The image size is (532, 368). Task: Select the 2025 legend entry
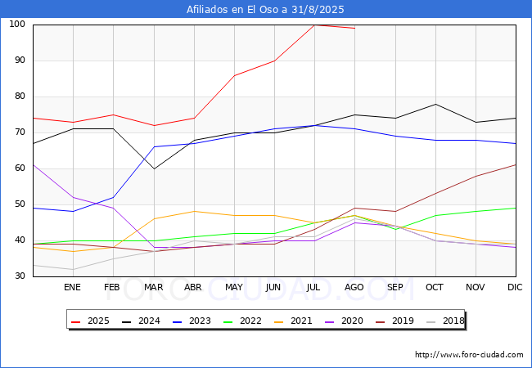pyautogui.click(x=90, y=321)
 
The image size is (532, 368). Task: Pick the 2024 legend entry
pyautogui.click(x=141, y=321)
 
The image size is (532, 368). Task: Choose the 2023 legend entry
pyautogui.click(x=192, y=321)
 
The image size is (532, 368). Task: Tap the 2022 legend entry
pyautogui.click(x=242, y=321)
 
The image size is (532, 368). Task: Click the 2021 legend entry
pyautogui.click(x=293, y=321)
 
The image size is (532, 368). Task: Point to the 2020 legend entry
pyautogui.click(x=344, y=321)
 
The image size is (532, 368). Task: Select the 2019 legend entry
pyautogui.click(x=394, y=321)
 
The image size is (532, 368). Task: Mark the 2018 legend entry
pyautogui.click(x=445, y=321)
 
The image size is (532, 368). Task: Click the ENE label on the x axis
pyautogui.click(x=72, y=287)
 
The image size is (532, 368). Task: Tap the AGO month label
pyautogui.click(x=354, y=287)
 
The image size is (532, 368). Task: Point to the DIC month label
pyautogui.click(x=515, y=287)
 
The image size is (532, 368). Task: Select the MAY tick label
pyautogui.click(x=234, y=287)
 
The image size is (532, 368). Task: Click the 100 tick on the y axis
pyautogui.click(x=17, y=24)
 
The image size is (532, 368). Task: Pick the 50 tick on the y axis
pyautogui.click(x=20, y=204)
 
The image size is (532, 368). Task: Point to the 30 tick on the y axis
pyautogui.click(x=20, y=276)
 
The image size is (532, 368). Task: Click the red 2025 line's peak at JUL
pyautogui.click(x=314, y=25)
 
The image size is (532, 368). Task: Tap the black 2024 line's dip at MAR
pyautogui.click(x=155, y=168)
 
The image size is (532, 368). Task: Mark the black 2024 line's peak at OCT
pyautogui.click(x=435, y=104)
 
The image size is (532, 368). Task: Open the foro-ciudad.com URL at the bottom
pyautogui.click(x=469, y=355)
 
